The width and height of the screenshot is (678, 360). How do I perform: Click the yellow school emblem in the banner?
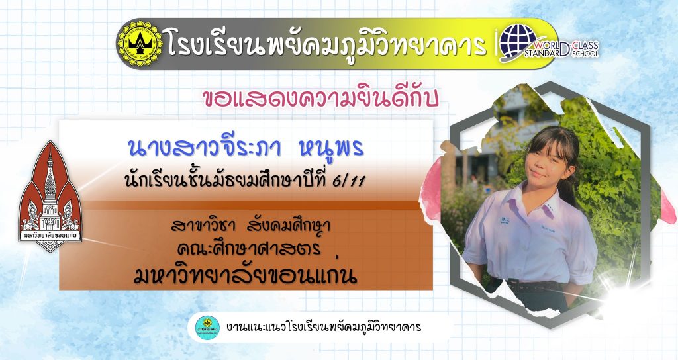140,44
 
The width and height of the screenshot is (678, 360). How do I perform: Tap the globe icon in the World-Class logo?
518,41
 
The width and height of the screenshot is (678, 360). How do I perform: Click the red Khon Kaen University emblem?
50,197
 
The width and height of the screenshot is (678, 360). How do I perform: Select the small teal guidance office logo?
207,327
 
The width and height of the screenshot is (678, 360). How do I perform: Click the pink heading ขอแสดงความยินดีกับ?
320,98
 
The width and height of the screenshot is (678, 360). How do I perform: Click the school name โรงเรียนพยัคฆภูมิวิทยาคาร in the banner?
326,44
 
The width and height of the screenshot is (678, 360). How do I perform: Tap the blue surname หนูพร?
331,148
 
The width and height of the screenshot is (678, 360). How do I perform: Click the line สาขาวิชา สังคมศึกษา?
250,226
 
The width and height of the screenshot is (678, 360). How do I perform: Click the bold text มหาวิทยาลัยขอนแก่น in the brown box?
245,275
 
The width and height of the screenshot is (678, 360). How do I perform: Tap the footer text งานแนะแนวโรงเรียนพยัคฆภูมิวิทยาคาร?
323,327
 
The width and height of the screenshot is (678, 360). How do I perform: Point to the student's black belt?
533,286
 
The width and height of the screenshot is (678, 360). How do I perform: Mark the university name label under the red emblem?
50,236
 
